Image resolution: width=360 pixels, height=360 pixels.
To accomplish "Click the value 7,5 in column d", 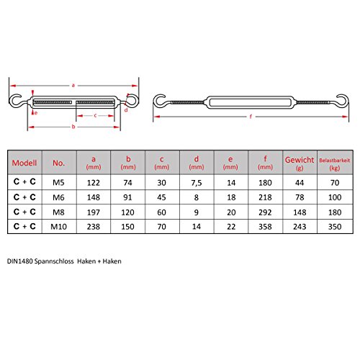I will coord(197,184).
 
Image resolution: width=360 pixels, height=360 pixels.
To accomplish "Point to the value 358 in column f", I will coord(264,227).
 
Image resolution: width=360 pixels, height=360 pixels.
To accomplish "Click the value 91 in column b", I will coord(127,198).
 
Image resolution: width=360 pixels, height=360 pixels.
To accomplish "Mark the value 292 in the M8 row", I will coord(264,212).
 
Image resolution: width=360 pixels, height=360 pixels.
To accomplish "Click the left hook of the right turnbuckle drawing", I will coord(159,101).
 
